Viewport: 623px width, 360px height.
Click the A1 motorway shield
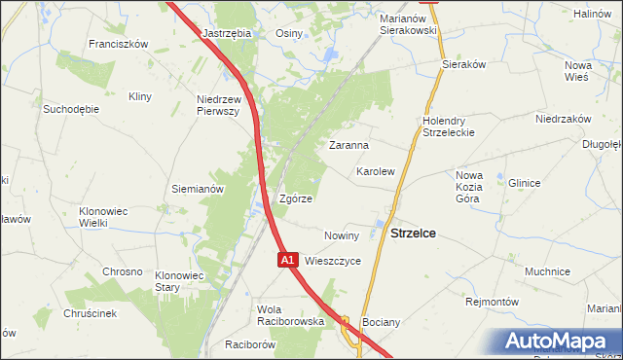pyautogui.click(x=287, y=261)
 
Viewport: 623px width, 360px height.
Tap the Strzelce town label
pyautogui.click(x=413, y=234)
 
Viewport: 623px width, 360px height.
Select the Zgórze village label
pyautogui.click(x=296, y=198)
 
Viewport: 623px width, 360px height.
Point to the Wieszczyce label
pyautogui.click(x=333, y=261)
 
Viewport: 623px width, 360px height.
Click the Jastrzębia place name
pyautogui.click(x=227, y=32)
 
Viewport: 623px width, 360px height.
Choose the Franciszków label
pyautogui.click(x=117, y=44)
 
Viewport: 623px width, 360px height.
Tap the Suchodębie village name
pyautogui.click(x=70, y=109)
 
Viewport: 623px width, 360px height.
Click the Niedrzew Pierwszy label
pyautogui.click(x=218, y=106)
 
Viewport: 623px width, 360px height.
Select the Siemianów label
pyautogui.click(x=199, y=189)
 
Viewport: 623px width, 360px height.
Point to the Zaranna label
pyautogui.click(x=348, y=145)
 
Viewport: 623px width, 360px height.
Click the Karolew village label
pyautogui.click(x=375, y=171)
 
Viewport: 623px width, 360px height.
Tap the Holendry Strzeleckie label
pyautogui.click(x=449, y=126)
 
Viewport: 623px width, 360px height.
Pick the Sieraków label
pyautogui.click(x=463, y=63)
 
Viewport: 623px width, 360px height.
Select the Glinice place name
pyautogui.click(x=524, y=183)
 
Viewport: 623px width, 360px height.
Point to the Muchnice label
pyautogui.click(x=546, y=271)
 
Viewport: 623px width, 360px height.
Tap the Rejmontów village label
pyautogui.click(x=492, y=302)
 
